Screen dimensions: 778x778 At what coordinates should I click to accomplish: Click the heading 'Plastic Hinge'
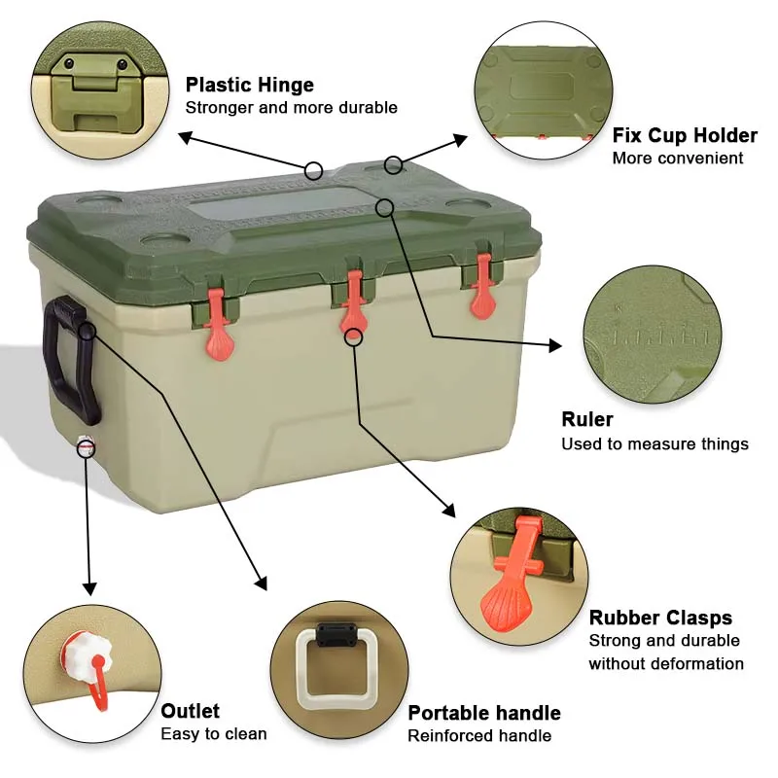pos(250,85)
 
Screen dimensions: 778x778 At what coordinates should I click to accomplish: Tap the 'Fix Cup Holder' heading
pos(684,135)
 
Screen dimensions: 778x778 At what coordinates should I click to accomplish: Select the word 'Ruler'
pos(587,419)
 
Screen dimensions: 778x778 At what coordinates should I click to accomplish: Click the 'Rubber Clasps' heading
pos(660,618)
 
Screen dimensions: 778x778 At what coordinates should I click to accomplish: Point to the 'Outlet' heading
pos(190,711)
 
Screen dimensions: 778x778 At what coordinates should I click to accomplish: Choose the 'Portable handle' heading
pos(483,713)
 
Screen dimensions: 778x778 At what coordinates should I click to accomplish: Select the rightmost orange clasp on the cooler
pos(482,290)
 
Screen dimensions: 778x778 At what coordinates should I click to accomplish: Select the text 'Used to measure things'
pos(654,444)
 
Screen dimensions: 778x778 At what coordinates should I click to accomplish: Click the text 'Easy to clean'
pos(213,734)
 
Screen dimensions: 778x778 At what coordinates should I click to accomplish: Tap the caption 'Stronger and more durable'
pos(291,108)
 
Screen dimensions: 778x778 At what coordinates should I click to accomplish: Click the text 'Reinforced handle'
pos(479,736)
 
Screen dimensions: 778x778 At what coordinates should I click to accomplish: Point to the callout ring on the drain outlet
pos(87,447)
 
